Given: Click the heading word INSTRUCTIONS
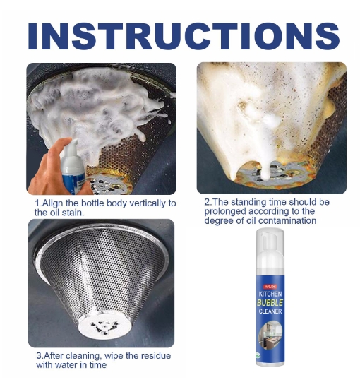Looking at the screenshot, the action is click(184, 36).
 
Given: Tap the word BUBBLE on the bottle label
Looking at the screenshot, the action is click(270, 302).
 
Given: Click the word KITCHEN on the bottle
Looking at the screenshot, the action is click(270, 294).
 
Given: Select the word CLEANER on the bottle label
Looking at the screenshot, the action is click(270, 311).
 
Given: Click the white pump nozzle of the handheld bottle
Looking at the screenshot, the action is click(72, 148).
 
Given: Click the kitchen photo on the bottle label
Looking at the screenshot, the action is click(270, 335).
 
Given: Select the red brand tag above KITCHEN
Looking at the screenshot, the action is click(270, 286).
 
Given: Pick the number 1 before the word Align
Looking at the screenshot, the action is click(37, 203).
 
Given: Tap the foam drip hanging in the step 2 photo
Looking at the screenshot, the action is click(265, 170).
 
